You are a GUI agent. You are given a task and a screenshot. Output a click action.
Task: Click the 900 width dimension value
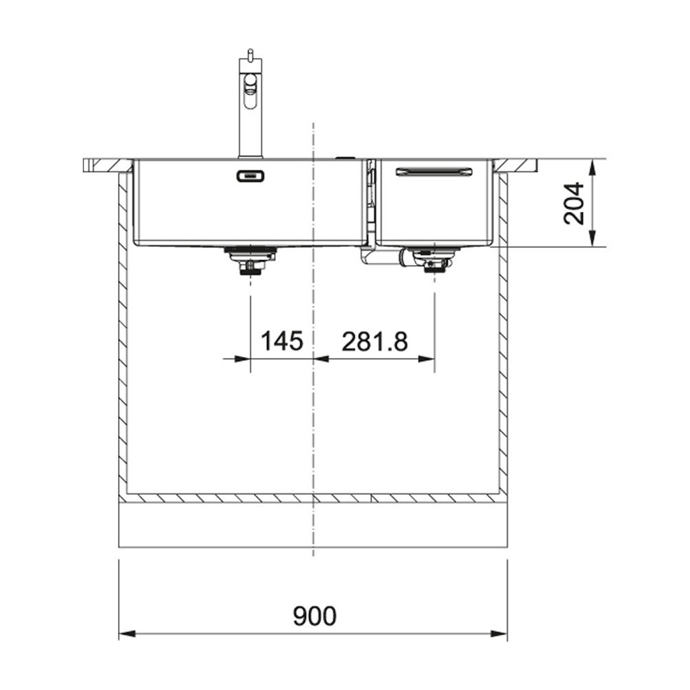click(314, 616)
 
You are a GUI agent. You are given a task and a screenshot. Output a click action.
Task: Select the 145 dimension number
click(282, 341)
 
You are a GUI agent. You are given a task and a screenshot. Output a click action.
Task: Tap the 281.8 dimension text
click(375, 341)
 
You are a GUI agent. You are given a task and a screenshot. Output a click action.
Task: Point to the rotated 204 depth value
click(574, 203)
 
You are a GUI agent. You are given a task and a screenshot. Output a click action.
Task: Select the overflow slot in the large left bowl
click(250, 176)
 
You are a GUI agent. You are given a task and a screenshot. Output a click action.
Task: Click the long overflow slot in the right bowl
click(433, 171)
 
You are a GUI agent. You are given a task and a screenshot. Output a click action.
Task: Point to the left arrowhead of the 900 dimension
click(125, 634)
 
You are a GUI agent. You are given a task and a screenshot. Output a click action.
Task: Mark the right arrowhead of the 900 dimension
click(502, 634)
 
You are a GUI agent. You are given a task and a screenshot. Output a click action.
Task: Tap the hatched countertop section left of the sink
click(107, 166)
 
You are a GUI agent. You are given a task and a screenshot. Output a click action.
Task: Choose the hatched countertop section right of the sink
click(515, 166)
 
